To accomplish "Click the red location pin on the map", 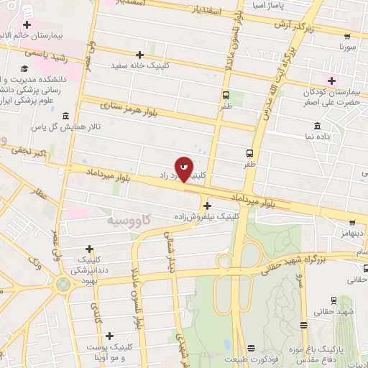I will coord(184,168).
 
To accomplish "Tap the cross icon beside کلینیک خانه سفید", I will coord(140,55).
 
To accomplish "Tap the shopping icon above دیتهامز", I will coord(352,224).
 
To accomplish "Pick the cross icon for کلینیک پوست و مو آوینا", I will coord(109,336).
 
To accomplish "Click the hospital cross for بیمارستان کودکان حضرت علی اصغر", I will coord(331,80).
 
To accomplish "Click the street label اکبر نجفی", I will coord(28,153).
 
